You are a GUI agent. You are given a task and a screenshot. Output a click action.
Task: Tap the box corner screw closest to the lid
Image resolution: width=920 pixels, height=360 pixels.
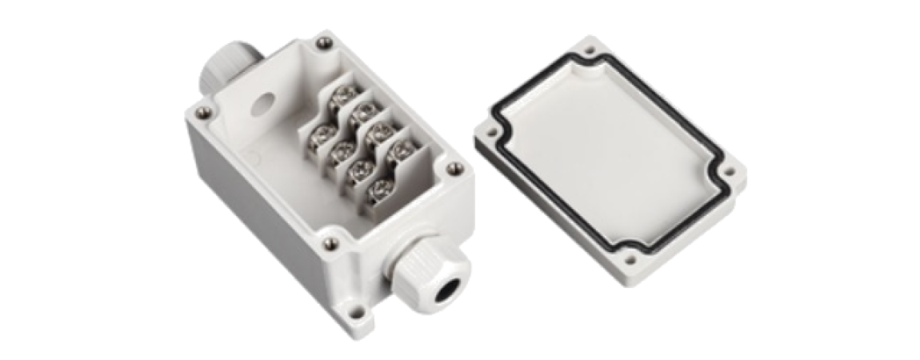tap(455, 168)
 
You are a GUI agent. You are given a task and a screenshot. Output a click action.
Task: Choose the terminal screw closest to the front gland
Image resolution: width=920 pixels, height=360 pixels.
tap(376, 190)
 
